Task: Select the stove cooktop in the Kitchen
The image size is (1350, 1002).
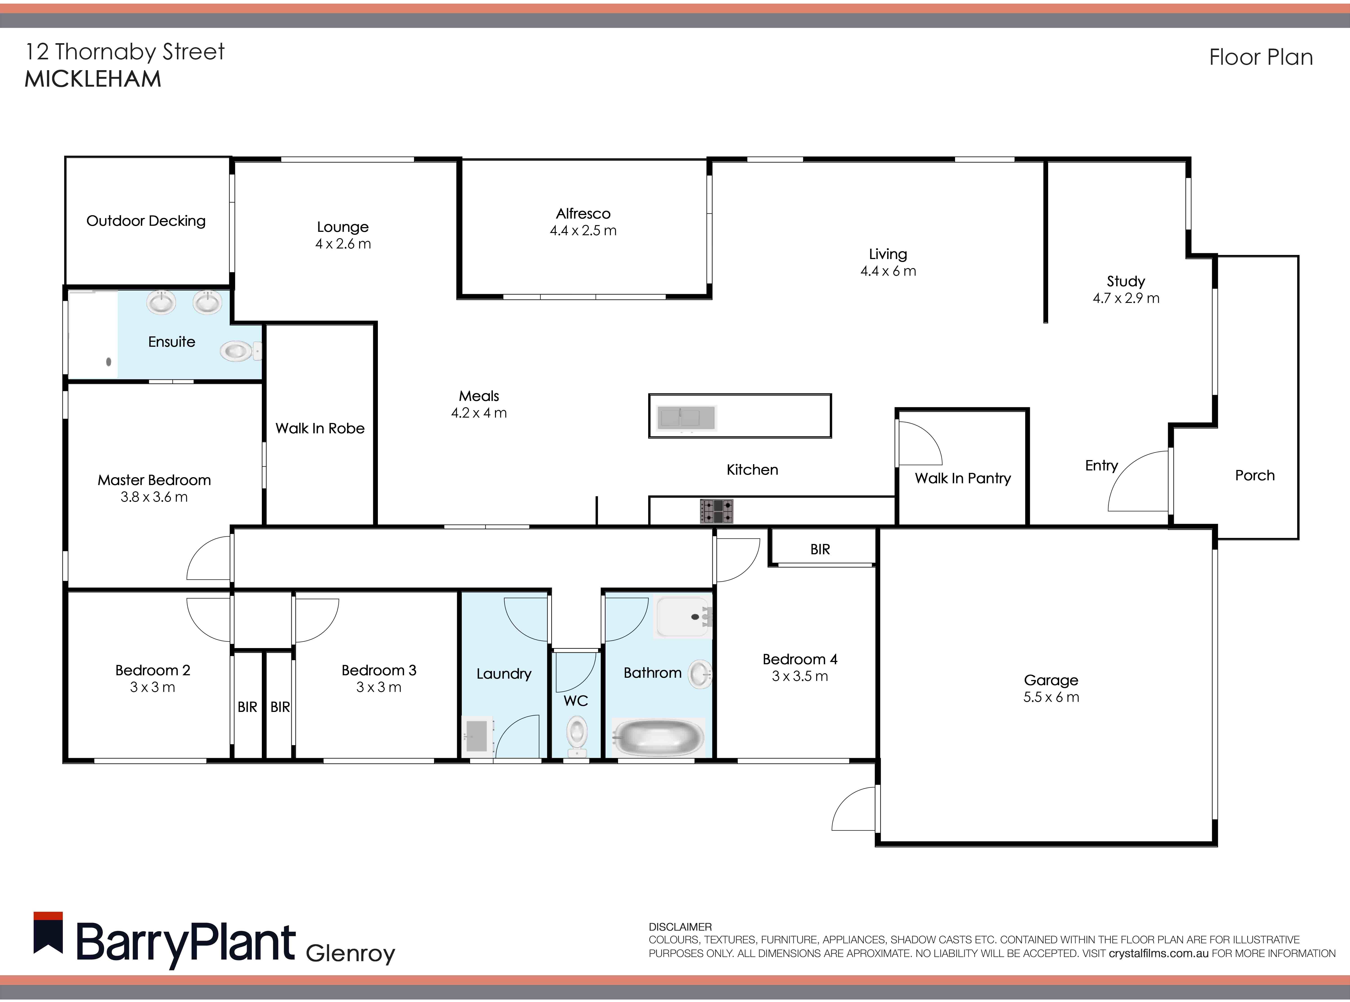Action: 717,511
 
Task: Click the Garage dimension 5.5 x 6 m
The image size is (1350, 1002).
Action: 1051,697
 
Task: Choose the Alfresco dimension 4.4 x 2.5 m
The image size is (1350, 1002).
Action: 583,230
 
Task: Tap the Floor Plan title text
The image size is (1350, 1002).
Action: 1261,57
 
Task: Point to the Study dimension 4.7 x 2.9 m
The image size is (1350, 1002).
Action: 1126,298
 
